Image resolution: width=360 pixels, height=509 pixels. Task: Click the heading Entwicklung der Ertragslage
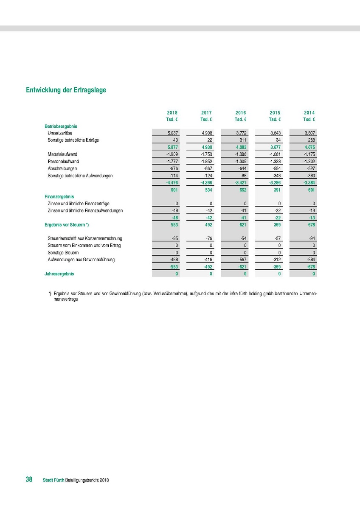point(66,90)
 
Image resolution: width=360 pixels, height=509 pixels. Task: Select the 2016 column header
point(241,113)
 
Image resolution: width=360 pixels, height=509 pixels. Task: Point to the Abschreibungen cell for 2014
point(309,168)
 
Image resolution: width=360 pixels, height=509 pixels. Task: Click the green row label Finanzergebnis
point(59,197)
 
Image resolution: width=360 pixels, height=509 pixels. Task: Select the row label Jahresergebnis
point(59,274)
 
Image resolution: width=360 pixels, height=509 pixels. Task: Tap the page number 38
point(29,480)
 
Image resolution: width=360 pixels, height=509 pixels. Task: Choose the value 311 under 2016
point(242,140)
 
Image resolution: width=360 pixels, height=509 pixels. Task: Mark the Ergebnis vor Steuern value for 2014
point(309,225)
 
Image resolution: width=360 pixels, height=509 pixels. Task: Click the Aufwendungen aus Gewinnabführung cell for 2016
point(242,260)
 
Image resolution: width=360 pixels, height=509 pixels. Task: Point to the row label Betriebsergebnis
point(61,126)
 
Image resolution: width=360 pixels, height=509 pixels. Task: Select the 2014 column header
point(309,113)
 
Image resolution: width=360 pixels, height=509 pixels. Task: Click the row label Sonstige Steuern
point(64,252)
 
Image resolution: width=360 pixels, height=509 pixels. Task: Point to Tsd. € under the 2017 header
point(206,120)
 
